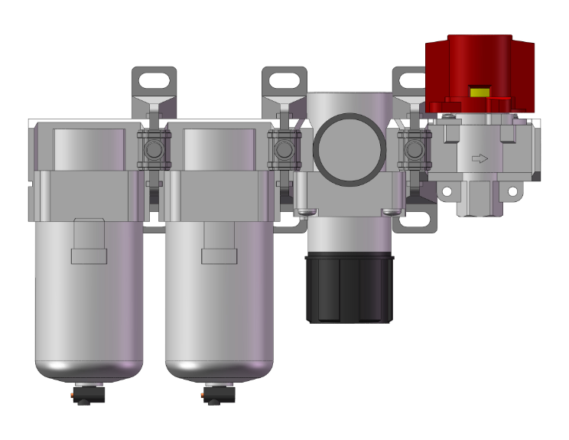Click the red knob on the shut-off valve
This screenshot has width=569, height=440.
tap(480, 69)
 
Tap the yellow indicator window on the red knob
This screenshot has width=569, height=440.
tap(480, 92)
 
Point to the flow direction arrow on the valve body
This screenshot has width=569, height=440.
tap(479, 159)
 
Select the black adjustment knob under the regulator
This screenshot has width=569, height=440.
tap(350, 288)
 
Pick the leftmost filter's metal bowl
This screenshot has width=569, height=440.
tap(89, 306)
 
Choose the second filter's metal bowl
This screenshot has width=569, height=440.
tap(219, 306)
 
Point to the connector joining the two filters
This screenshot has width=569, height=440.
tap(154, 147)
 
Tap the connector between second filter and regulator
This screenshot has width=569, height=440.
tap(284, 147)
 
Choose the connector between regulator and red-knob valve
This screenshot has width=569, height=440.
tap(414, 147)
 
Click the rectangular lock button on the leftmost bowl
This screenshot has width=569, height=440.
tap(89, 255)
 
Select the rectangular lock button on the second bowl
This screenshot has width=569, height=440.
tap(219, 255)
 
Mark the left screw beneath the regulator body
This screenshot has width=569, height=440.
tap(306, 212)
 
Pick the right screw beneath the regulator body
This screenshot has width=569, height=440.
tap(392, 212)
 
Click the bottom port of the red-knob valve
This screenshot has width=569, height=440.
tap(479, 202)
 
